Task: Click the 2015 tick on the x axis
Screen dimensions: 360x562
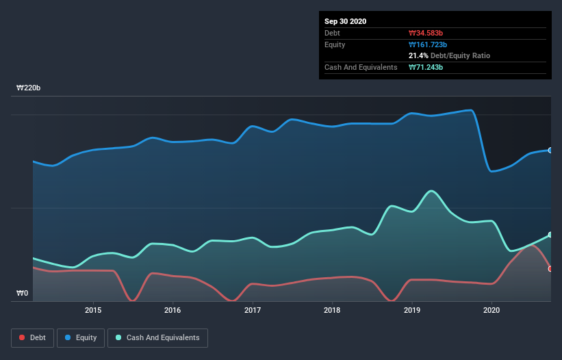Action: point(93,309)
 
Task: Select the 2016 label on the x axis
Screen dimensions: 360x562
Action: point(173,309)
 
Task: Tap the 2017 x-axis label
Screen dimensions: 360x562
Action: point(253,309)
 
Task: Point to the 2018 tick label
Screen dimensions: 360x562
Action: point(332,309)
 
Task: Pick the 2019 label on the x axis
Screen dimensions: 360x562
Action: point(412,309)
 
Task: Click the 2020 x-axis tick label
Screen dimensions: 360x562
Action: point(491,309)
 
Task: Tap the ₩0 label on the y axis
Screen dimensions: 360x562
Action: point(23,294)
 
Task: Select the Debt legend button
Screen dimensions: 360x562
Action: point(32,337)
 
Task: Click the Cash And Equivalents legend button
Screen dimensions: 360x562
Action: point(157,337)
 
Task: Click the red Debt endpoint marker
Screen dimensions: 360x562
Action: point(550,269)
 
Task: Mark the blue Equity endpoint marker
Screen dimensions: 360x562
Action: point(550,150)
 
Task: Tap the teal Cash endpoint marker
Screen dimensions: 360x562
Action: point(550,235)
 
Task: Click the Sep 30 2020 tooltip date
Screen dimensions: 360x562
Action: point(345,21)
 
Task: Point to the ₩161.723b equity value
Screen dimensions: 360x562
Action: point(429,44)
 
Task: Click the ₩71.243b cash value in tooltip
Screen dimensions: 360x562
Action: point(426,67)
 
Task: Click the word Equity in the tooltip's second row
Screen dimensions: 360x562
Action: point(335,44)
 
